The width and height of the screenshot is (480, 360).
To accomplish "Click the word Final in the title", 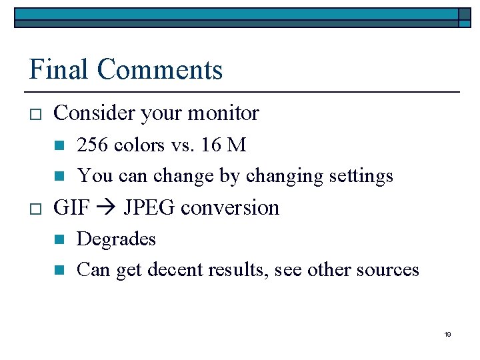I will click(59, 69).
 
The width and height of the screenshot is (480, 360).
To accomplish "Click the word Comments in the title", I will click(159, 69).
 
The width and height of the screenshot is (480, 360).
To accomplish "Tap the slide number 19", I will click(447, 334).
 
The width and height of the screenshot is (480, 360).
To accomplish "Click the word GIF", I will click(70, 207).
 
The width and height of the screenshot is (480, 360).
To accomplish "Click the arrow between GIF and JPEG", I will click(106, 208).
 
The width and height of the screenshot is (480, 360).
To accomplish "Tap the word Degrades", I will click(116, 239).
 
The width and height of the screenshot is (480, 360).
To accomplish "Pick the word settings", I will click(361, 176).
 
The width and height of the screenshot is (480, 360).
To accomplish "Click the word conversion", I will click(230, 207).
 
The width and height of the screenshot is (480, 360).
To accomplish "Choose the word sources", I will click(389, 269).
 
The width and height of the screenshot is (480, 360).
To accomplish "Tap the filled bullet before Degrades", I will click(59, 239).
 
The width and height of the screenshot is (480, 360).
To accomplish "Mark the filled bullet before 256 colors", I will click(59, 145).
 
